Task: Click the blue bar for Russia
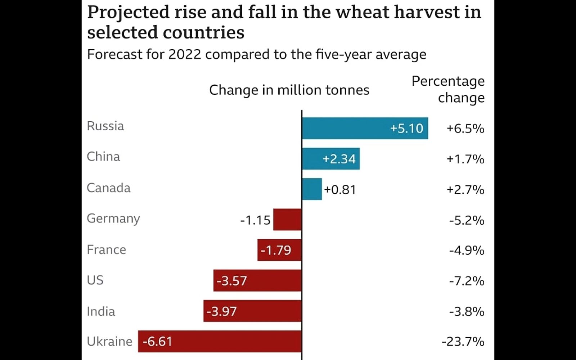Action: click(x=365, y=128)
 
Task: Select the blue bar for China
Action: click(x=330, y=159)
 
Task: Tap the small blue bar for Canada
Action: click(x=312, y=189)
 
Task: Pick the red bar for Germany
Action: click(x=287, y=220)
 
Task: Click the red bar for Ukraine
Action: click(x=220, y=341)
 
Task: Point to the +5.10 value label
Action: click(x=406, y=129)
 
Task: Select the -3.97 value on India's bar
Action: click(x=221, y=311)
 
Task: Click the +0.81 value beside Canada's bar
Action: click(x=340, y=190)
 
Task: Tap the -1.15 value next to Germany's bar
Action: click(x=255, y=220)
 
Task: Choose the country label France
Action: click(x=106, y=250)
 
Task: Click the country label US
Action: click(x=95, y=280)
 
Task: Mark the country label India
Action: click(x=101, y=311)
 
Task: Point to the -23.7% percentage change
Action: click(x=463, y=341)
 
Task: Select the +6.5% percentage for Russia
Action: click(x=465, y=129)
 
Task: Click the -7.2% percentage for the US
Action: click(x=467, y=281)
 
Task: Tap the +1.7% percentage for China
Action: click(x=465, y=159)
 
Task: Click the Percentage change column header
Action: click(x=448, y=89)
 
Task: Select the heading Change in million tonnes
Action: click(x=289, y=90)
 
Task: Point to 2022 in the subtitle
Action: click(x=185, y=55)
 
